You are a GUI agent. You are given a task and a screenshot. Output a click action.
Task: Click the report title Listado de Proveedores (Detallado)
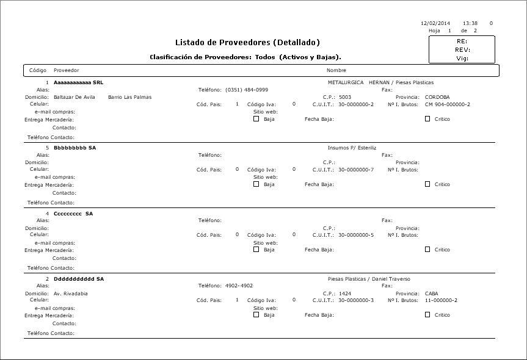(x=247, y=42)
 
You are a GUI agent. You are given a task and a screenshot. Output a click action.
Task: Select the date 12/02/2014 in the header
(x=435, y=23)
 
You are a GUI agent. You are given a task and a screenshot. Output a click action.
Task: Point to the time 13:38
(x=470, y=23)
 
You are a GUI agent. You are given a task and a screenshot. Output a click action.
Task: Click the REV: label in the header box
(x=462, y=50)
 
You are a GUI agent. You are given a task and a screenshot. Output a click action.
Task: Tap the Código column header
(x=38, y=71)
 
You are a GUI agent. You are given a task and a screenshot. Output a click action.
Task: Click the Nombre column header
(x=336, y=71)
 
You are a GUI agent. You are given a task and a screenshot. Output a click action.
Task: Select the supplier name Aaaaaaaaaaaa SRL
(x=78, y=82)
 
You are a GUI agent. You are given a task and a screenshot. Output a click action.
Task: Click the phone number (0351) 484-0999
(x=247, y=90)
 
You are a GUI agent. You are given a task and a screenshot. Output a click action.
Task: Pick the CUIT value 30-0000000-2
(x=356, y=104)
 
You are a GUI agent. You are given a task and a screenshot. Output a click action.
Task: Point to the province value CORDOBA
(x=437, y=97)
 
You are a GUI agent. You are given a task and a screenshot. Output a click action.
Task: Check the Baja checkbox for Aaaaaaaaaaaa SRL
(x=256, y=119)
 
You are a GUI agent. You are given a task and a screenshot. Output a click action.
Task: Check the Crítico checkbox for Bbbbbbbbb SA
(x=427, y=184)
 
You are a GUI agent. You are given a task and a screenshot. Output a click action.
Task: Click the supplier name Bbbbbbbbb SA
(x=75, y=148)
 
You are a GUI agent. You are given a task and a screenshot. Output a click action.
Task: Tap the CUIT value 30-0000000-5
(x=356, y=235)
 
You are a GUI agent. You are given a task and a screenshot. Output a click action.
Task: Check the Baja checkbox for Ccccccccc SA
(x=256, y=249)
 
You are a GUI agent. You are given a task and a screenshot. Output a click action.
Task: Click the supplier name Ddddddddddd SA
(x=79, y=279)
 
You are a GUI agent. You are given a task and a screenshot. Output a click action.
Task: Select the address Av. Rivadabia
(x=71, y=293)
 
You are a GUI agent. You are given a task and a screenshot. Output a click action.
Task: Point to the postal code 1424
(x=346, y=293)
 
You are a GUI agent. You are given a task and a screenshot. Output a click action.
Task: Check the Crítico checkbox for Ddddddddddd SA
(x=427, y=315)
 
